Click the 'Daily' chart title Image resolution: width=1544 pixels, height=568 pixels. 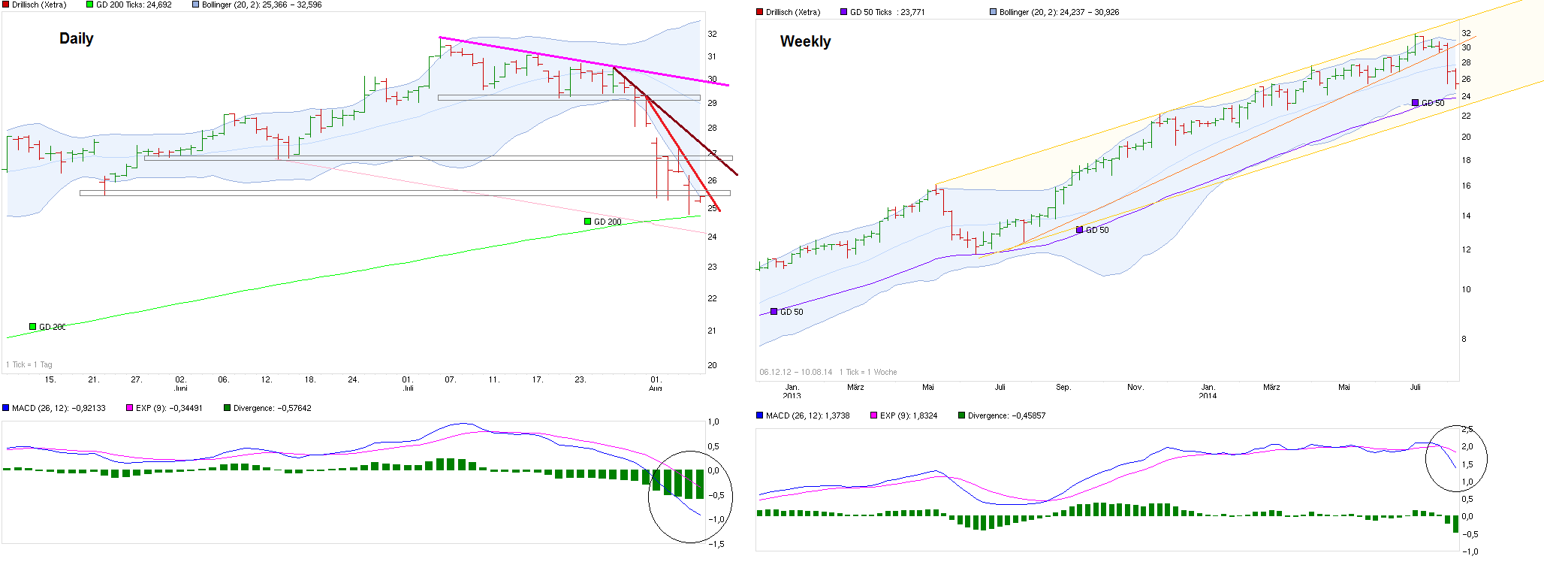point(77,38)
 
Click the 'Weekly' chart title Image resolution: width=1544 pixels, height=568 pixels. point(805,41)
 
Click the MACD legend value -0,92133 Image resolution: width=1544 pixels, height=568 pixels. point(58,408)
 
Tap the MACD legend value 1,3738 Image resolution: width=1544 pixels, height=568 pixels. point(807,415)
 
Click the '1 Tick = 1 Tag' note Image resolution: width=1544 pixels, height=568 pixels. point(29,364)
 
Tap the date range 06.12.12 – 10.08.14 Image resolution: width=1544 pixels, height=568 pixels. point(795,372)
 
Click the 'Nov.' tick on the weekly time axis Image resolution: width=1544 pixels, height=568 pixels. point(1135,388)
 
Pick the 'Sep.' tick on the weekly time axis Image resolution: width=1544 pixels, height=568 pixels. point(1063,388)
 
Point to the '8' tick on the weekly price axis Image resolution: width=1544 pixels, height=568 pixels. point(1464,339)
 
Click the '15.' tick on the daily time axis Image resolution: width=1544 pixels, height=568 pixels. point(50,380)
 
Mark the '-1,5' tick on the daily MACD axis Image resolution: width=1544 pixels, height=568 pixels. point(716,544)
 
